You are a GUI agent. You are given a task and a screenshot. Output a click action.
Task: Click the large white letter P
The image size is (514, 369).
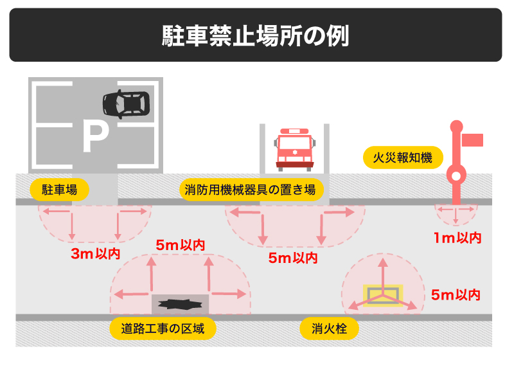tap(94, 138)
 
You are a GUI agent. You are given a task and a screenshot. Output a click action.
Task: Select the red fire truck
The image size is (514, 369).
tap(295, 148)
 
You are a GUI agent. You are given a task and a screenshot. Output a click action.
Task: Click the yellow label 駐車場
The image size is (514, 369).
tap(59, 190)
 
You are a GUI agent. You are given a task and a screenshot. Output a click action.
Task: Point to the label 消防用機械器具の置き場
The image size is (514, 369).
tap(250, 190)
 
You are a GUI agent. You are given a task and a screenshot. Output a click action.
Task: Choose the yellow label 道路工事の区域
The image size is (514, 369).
tap(163, 329)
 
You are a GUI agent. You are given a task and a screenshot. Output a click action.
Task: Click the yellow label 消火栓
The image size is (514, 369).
tap(329, 329)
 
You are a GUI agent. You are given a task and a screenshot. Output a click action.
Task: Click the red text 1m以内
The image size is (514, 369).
tap(457, 238)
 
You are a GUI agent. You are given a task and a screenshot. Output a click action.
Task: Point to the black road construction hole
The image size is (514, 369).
tap(180, 303)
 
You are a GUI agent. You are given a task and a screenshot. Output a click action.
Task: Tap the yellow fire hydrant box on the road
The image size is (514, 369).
tap(383, 295)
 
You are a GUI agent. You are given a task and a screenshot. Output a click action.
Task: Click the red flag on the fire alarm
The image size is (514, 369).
tap(474, 139)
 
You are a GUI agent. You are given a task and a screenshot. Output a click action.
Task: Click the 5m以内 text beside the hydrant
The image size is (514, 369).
tap(456, 295)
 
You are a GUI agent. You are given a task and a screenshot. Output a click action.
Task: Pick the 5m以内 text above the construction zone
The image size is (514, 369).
tap(181, 245)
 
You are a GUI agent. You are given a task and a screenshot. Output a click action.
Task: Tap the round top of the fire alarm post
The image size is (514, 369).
tap(456, 126)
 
